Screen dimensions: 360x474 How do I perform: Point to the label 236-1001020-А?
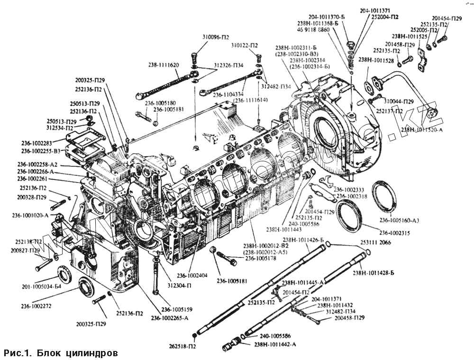(x=30, y=215)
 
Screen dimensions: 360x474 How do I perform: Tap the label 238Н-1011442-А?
(x=275, y=344)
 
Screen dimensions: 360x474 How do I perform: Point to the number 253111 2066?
(x=375, y=242)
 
